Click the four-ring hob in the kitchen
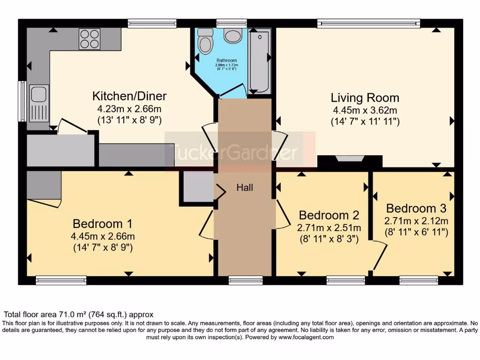pos(90,39)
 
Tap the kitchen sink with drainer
pos(39,103)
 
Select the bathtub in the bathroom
pos(259,61)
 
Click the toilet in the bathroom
pos(205,41)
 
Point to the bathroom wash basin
pos(232,36)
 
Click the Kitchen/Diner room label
pos(129,97)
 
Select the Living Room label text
pos(365,98)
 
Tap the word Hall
pos(245,187)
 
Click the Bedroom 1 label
pos(103,224)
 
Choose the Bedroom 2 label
pos(329,215)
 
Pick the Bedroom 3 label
pos(416,208)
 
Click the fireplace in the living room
pos(350,159)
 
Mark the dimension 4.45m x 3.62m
pos(365,111)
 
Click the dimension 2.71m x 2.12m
pos(416,220)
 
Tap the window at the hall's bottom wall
pos(246,280)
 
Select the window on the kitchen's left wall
pos(22,101)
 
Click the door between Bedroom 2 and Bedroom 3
pos(379,255)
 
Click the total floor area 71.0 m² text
pos(79,315)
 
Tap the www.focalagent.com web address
pos(306,337)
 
